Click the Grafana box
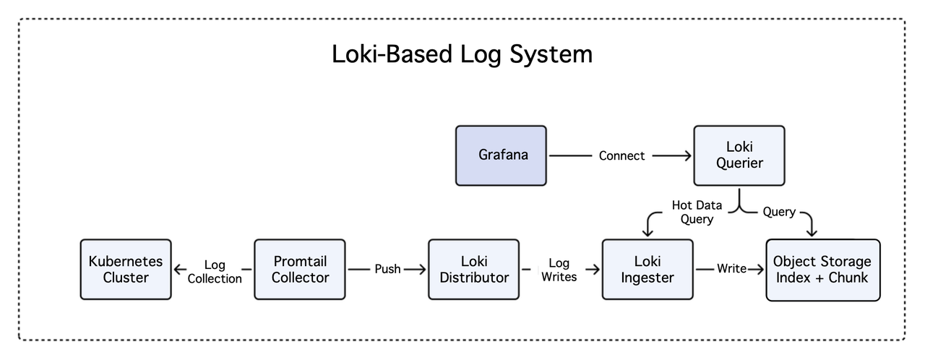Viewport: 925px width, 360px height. tap(501, 155)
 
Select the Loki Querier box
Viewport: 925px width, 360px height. tap(739, 155)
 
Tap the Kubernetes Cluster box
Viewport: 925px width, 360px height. tap(126, 269)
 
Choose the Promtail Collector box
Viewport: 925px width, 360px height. tap(300, 269)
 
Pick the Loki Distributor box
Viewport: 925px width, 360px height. tap(474, 269)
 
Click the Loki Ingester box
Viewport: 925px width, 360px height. tap(647, 269)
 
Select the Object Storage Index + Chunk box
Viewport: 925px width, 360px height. tap(822, 269)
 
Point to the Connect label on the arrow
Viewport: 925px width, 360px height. tap(621, 155)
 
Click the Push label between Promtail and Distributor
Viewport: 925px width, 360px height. tap(387, 269)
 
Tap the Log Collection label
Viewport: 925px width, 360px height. tap(215, 272)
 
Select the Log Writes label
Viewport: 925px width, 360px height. tap(559, 270)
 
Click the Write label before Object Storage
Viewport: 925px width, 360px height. tap(731, 269)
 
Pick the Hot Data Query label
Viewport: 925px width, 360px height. tap(697, 212)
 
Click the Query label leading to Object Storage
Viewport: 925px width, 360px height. tap(779, 212)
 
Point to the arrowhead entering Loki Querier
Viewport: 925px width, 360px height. tap(687, 155)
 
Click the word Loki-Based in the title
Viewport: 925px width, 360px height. tap(387, 54)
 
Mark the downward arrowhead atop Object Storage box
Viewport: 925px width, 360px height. tap(811, 232)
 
